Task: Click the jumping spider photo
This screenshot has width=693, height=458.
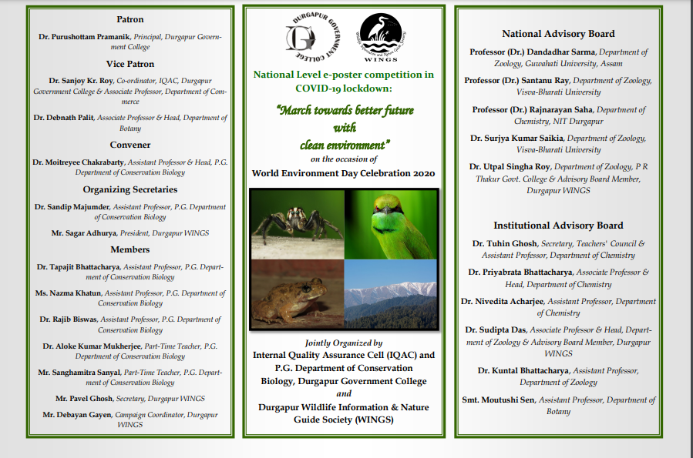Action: (x=296, y=224)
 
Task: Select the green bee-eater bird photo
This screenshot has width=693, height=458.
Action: (x=391, y=224)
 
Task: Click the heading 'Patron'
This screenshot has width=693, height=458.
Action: (x=130, y=19)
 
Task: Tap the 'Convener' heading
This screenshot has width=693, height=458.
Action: (x=130, y=145)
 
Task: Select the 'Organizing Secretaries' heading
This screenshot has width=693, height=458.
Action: (x=130, y=189)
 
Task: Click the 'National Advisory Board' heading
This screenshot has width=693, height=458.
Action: (x=558, y=34)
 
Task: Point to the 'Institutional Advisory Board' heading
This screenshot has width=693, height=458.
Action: (x=558, y=226)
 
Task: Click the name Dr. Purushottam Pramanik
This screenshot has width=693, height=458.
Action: (x=86, y=37)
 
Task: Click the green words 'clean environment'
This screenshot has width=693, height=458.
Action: (x=344, y=145)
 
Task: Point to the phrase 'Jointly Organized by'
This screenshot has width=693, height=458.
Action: (x=344, y=343)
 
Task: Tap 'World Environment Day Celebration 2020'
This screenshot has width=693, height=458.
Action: (x=344, y=173)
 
